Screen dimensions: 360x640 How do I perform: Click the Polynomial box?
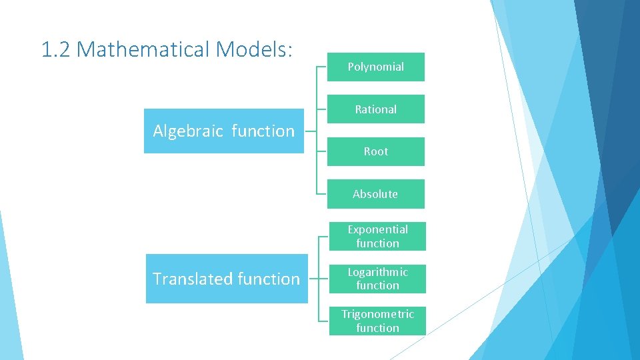[x=375, y=67]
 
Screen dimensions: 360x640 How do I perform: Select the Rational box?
[x=375, y=109]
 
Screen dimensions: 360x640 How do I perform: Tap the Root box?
[x=375, y=151]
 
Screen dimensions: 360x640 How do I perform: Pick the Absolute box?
[x=375, y=194]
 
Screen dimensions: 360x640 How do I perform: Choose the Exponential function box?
[x=377, y=237]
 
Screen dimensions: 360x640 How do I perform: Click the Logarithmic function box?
[x=377, y=279]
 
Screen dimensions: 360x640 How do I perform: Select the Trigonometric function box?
[x=377, y=321]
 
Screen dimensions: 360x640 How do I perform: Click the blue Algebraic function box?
[x=224, y=131]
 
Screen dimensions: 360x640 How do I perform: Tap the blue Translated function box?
[x=227, y=279]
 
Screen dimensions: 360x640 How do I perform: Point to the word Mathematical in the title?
[x=144, y=49]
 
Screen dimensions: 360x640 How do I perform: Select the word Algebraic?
[x=188, y=131]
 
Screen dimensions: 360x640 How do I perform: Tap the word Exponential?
[x=377, y=229]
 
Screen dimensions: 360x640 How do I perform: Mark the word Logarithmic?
[x=377, y=272]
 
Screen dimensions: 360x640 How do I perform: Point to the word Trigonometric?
[x=377, y=314]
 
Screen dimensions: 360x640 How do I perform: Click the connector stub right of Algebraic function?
[x=310, y=131]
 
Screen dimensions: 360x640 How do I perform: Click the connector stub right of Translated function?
[x=314, y=279]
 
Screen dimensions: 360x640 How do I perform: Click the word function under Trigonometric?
[x=377, y=328]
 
